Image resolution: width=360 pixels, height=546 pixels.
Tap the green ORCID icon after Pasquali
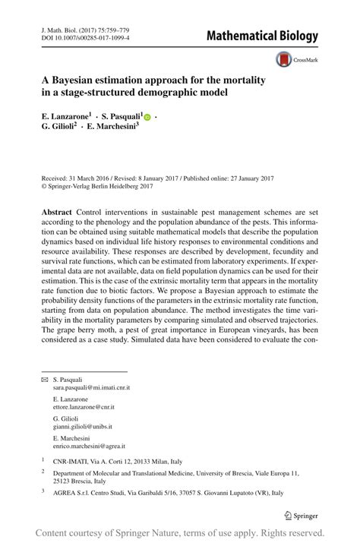point(147,118)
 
